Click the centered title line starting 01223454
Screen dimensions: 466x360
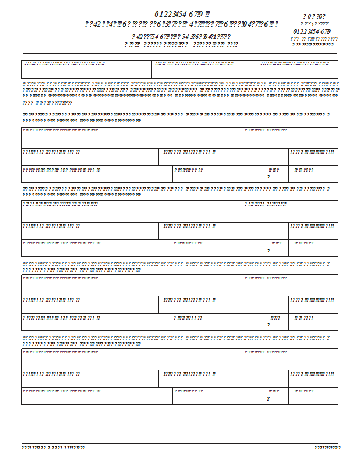click(x=182, y=13)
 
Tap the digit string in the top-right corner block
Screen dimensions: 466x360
click(x=312, y=31)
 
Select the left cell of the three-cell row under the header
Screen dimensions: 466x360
click(x=86, y=69)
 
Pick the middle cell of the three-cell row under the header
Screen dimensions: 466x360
click(x=204, y=69)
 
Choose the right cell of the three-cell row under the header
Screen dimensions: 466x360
click(x=297, y=69)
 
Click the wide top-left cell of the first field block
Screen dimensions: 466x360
click(x=132, y=137)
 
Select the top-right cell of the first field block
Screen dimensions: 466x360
click(x=290, y=137)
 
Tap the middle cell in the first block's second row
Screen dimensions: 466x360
click(x=224, y=157)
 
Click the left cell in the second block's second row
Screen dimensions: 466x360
click(x=90, y=231)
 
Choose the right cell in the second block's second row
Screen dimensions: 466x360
click(x=313, y=231)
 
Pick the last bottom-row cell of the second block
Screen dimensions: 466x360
click(x=313, y=248)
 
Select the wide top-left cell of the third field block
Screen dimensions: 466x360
click(x=132, y=285)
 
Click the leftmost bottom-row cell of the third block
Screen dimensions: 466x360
click(x=97, y=322)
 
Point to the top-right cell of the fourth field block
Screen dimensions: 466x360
click(x=290, y=359)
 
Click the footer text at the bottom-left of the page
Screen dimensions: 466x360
click(x=54, y=448)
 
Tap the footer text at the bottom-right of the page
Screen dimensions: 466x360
click(x=327, y=448)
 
